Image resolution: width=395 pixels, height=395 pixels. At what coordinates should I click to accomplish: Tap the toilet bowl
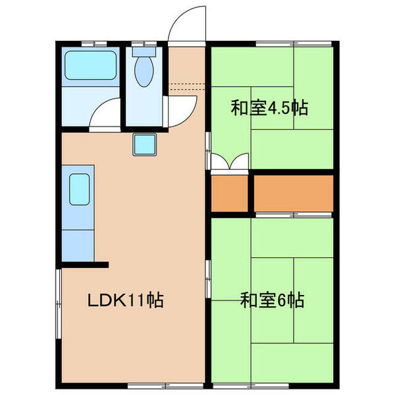click(144, 70)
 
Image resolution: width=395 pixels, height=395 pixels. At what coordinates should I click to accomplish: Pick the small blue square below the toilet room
click(144, 144)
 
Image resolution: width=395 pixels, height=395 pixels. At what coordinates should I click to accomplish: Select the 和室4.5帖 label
click(269, 107)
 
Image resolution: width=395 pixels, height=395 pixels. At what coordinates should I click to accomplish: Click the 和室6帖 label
click(272, 301)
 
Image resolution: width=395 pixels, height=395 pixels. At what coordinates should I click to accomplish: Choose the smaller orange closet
click(230, 194)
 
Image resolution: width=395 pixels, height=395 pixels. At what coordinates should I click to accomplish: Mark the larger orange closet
click(294, 194)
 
